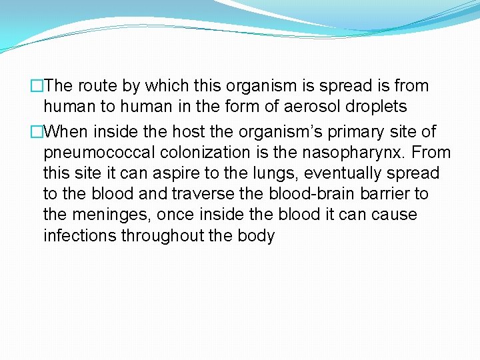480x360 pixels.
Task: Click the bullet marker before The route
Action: pyautogui.click(x=37, y=86)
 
